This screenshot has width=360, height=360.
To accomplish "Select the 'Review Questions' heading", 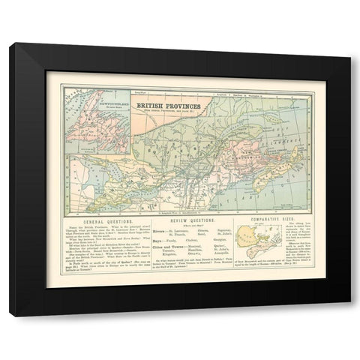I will (x=185, y=223).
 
